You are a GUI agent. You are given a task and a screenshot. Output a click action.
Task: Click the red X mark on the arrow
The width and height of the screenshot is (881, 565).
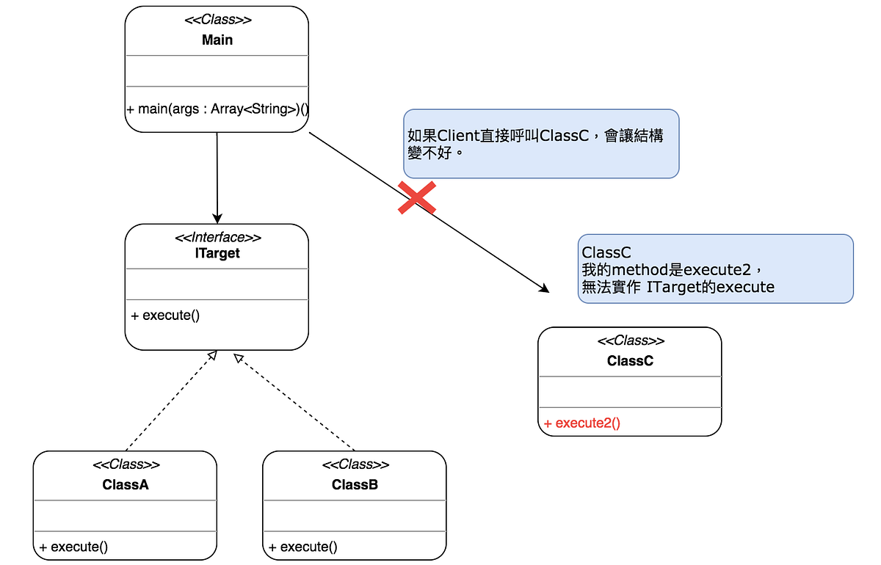pyautogui.click(x=417, y=197)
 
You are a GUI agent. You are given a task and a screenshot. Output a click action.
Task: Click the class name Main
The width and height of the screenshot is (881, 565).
pyautogui.click(x=217, y=40)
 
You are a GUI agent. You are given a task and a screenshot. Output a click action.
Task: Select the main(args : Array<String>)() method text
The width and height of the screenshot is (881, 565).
pyautogui.click(x=217, y=109)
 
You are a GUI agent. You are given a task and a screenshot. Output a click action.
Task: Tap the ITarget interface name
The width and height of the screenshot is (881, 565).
pyautogui.click(x=217, y=253)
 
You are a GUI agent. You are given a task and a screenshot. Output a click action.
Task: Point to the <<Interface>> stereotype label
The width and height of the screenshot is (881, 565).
pyautogui.click(x=217, y=238)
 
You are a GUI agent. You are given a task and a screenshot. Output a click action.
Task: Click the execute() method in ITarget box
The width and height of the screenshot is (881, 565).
pyautogui.click(x=165, y=316)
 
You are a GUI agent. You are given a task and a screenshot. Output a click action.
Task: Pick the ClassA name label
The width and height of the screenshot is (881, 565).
pyautogui.click(x=126, y=484)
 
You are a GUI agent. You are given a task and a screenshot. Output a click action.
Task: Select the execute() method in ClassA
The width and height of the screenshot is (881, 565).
pyautogui.click(x=73, y=547)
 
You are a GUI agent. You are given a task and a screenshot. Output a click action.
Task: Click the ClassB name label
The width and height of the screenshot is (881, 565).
pyautogui.click(x=355, y=484)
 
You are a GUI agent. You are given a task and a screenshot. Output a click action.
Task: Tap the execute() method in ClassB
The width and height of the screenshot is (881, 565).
pyautogui.click(x=303, y=547)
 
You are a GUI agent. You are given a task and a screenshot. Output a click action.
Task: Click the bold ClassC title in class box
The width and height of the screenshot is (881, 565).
pyautogui.click(x=630, y=361)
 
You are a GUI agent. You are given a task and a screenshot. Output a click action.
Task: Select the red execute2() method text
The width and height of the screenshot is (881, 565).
pyautogui.click(x=581, y=423)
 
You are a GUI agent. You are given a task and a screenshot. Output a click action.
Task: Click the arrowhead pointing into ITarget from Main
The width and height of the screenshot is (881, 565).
pyautogui.click(x=217, y=218)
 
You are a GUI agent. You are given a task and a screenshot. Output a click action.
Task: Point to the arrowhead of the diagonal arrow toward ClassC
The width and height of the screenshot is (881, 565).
pyautogui.click(x=544, y=288)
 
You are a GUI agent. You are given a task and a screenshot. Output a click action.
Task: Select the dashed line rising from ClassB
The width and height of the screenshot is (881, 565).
pyautogui.click(x=294, y=404)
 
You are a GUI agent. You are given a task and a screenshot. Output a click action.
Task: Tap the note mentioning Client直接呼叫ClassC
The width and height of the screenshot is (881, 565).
pyautogui.click(x=541, y=144)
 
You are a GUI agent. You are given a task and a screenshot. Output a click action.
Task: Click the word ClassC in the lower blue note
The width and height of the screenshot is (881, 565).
pyautogui.click(x=606, y=252)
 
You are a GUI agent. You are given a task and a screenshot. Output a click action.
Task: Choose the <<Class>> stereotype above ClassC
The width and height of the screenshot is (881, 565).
pyautogui.click(x=630, y=341)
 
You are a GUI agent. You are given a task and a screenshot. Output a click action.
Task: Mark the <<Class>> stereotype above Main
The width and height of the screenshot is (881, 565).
pyautogui.click(x=217, y=21)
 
